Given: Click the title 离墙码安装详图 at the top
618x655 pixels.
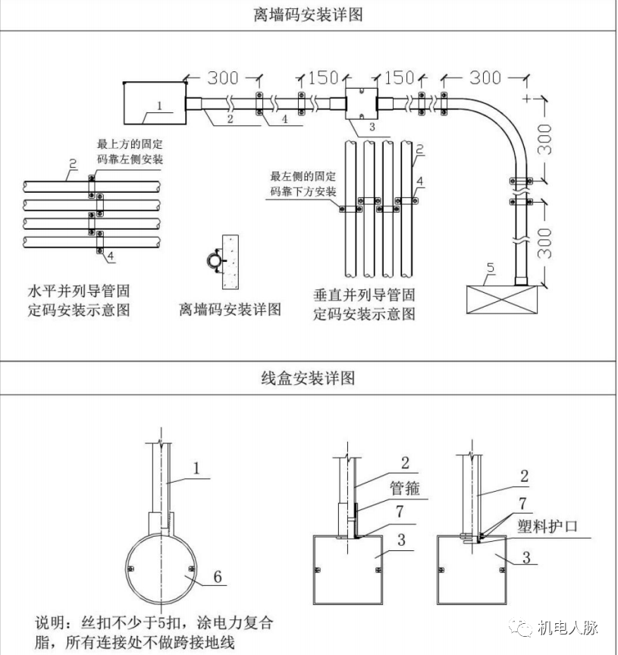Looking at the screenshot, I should coord(308,14).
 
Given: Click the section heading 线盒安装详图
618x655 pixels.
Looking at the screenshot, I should coord(308,378).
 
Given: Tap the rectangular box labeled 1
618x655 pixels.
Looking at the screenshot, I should coord(154,103).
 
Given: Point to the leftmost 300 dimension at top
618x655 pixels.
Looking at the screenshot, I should coord(223,77).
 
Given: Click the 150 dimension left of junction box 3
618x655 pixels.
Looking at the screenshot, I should coord(322,77).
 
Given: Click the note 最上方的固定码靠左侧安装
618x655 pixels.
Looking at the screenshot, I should coord(130,150).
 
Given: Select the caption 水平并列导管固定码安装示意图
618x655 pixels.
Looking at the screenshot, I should coord(78,301).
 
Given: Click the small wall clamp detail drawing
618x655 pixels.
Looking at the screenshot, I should coord(223,260).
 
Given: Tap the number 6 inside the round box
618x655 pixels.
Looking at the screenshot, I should coord(218,577).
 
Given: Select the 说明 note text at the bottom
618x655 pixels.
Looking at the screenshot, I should coord(152,633).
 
